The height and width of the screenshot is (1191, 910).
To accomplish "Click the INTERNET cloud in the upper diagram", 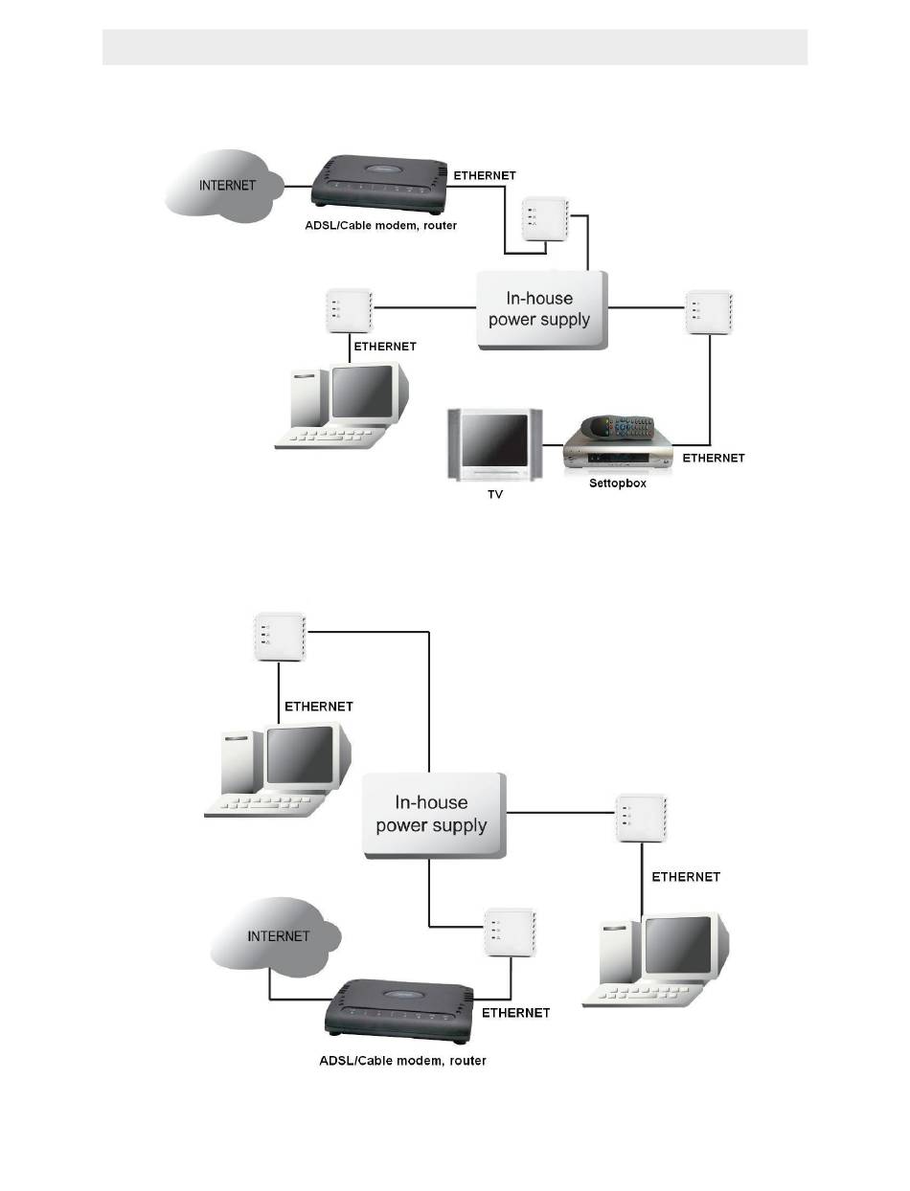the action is tap(223, 185).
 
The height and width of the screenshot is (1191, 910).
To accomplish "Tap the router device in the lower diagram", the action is tap(398, 1010).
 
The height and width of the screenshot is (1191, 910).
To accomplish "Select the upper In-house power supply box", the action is tap(541, 310).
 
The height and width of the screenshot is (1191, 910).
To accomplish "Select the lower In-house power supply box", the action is tap(434, 815).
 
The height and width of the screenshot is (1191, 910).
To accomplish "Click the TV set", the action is tap(494, 444).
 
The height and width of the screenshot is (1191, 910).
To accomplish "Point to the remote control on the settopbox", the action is tap(618, 425).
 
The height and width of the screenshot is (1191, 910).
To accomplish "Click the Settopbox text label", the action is tap(618, 483).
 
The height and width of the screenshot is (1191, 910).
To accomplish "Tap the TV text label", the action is tap(495, 494).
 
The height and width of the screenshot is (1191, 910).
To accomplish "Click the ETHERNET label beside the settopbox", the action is tap(713, 458).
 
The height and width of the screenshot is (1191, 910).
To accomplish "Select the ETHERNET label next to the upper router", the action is tap(484, 175).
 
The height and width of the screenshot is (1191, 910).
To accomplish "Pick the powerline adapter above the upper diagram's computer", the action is tap(350, 310).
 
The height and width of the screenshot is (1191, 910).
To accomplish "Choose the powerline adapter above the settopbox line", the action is tap(709, 312).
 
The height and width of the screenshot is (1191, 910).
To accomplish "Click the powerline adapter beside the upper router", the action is tap(545, 218).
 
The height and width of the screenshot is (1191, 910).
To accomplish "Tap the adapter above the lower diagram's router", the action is tap(510, 932).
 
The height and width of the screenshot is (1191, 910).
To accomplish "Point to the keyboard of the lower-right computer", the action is tap(643, 994).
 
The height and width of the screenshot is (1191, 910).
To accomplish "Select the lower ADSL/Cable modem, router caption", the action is tap(402, 1060).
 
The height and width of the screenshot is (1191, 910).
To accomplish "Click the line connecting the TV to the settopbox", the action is tap(553, 445).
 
